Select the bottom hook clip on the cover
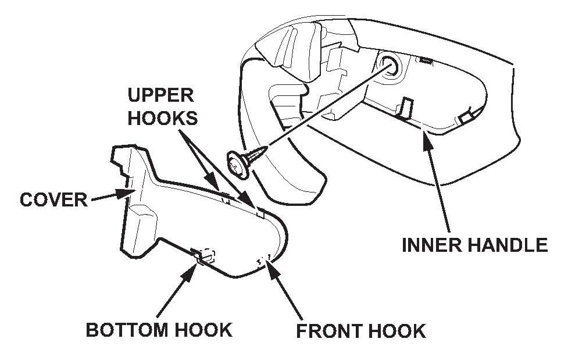[x=202, y=255]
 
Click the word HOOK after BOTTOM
[x=203, y=330]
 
